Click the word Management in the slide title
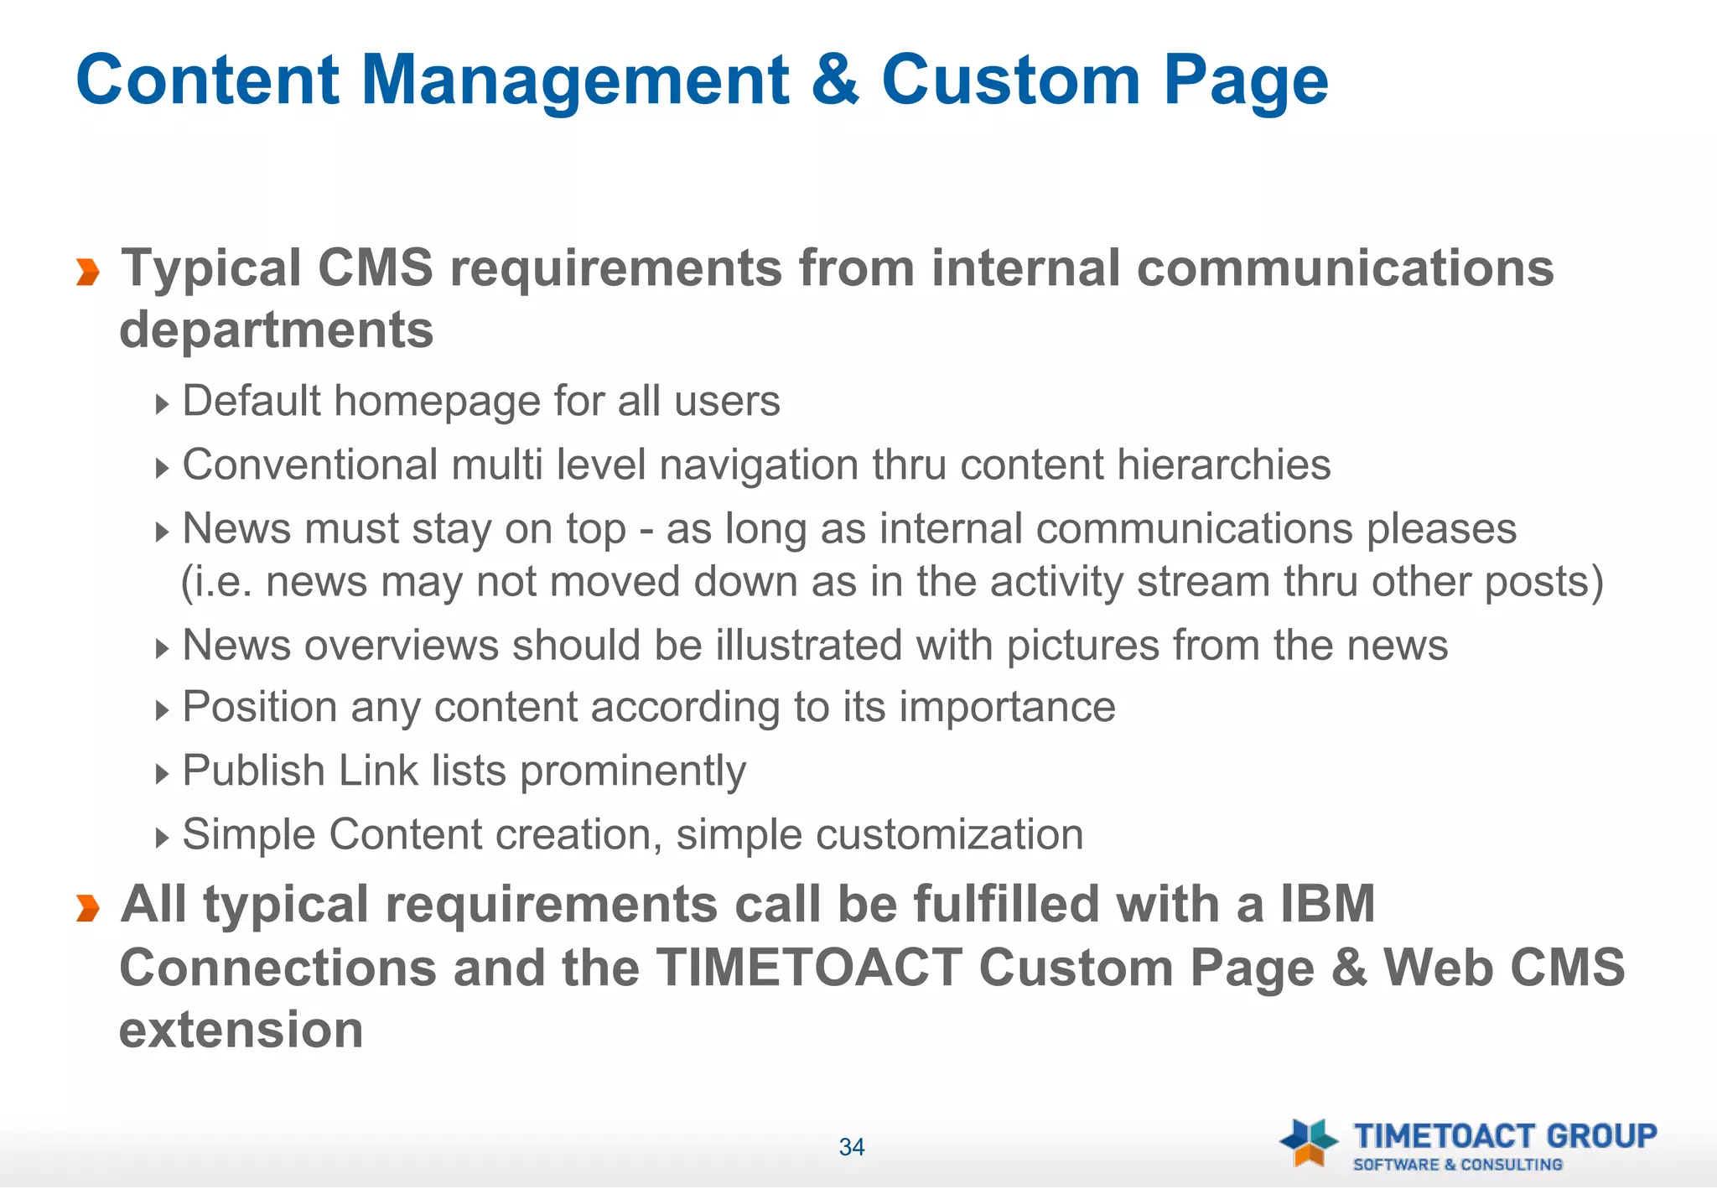pyautogui.click(x=574, y=80)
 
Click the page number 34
pyautogui.click(x=852, y=1147)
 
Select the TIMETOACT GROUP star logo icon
pyautogui.click(x=1308, y=1142)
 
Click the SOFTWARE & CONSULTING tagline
pyautogui.click(x=1457, y=1165)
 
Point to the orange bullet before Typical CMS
pyautogui.click(x=88, y=273)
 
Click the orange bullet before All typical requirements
pyautogui.click(x=88, y=908)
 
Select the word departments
pyautogui.click(x=277, y=330)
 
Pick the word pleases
pyautogui.click(x=1442, y=530)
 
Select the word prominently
pyautogui.click(x=633, y=771)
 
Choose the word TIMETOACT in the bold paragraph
pyautogui.click(x=809, y=968)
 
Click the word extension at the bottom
pyautogui.click(x=241, y=1030)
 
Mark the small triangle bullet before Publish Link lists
pyautogui.click(x=162, y=773)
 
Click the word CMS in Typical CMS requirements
pyautogui.click(x=375, y=268)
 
